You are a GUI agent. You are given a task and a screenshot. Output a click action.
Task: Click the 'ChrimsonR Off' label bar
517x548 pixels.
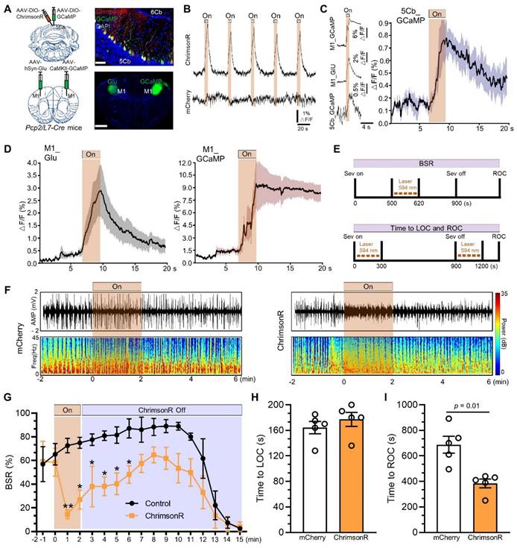[161, 409]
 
